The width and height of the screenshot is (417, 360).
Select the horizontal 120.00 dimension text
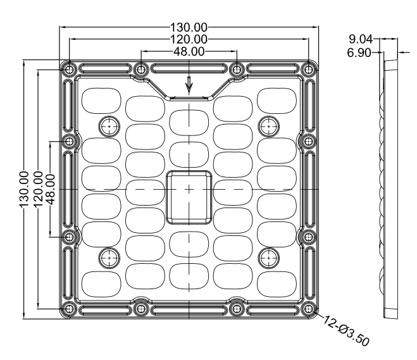pos(189,39)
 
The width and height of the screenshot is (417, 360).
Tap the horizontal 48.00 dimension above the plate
pos(189,51)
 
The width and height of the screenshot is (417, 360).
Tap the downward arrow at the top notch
pos(189,83)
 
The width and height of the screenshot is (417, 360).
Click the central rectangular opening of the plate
pos(189,196)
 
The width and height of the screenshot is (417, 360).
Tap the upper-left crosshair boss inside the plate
pos(109,125)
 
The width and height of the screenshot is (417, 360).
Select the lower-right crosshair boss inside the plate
pos(269,256)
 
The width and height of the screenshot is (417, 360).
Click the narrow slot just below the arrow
pos(189,97)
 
